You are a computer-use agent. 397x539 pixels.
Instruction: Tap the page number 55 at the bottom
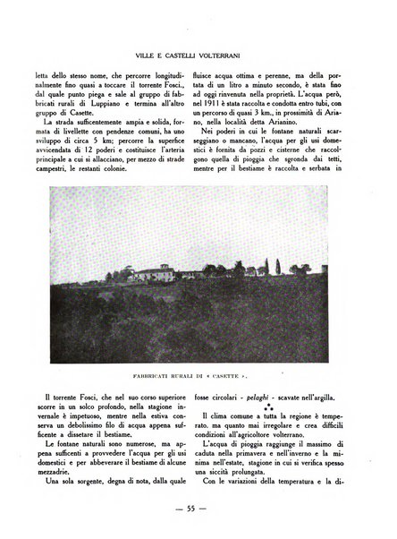pos(198,508)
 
